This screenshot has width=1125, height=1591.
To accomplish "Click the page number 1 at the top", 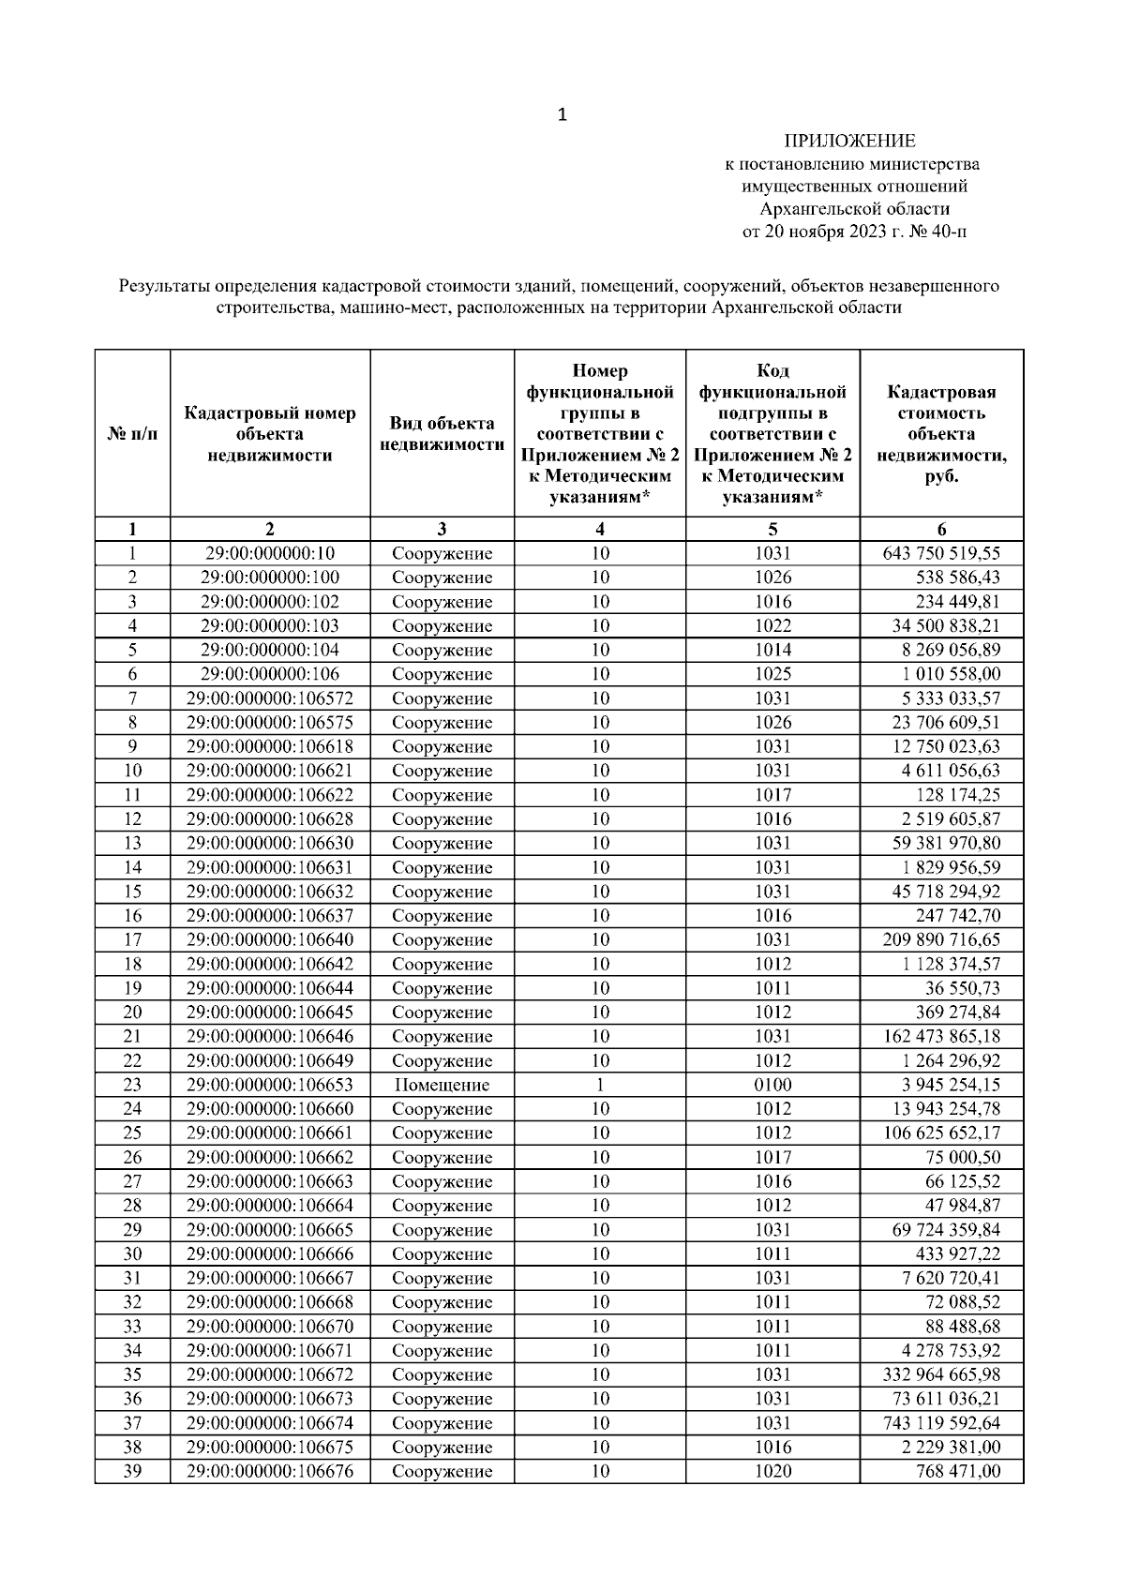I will pos(562,115).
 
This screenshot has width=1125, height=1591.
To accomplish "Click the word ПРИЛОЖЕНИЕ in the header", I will pos(849,142).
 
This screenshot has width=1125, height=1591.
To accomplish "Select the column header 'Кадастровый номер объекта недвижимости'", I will pos(270,434).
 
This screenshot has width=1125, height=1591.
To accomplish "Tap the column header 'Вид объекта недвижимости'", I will pos(442,434).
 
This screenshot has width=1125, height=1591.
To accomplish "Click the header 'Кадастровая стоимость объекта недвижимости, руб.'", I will pos(941,434).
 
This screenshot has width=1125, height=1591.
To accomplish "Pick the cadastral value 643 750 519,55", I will pos(941,554).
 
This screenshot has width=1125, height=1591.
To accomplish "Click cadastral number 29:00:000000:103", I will pos(270,626).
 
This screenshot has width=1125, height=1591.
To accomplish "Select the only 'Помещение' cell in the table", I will pos(442,1086).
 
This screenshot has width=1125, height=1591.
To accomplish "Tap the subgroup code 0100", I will pos(772,1086).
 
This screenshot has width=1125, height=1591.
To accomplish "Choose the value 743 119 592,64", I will pos(941,1423).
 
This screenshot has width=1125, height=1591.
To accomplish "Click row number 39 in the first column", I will pos(132,1472).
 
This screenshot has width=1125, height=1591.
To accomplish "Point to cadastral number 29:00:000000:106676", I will pos(270,1472).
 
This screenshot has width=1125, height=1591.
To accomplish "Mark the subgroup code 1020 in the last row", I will pos(772,1472).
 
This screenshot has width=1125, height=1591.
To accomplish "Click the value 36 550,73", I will pos(962,988).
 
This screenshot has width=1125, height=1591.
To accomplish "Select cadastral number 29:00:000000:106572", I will pos(270,698).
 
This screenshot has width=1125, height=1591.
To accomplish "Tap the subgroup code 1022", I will pos(772,626).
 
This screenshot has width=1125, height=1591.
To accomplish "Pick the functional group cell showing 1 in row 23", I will pos(600,1086).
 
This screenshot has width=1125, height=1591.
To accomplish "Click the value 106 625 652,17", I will pos(941,1133).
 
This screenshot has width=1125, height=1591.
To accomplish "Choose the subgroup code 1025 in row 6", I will pos(772,674).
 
